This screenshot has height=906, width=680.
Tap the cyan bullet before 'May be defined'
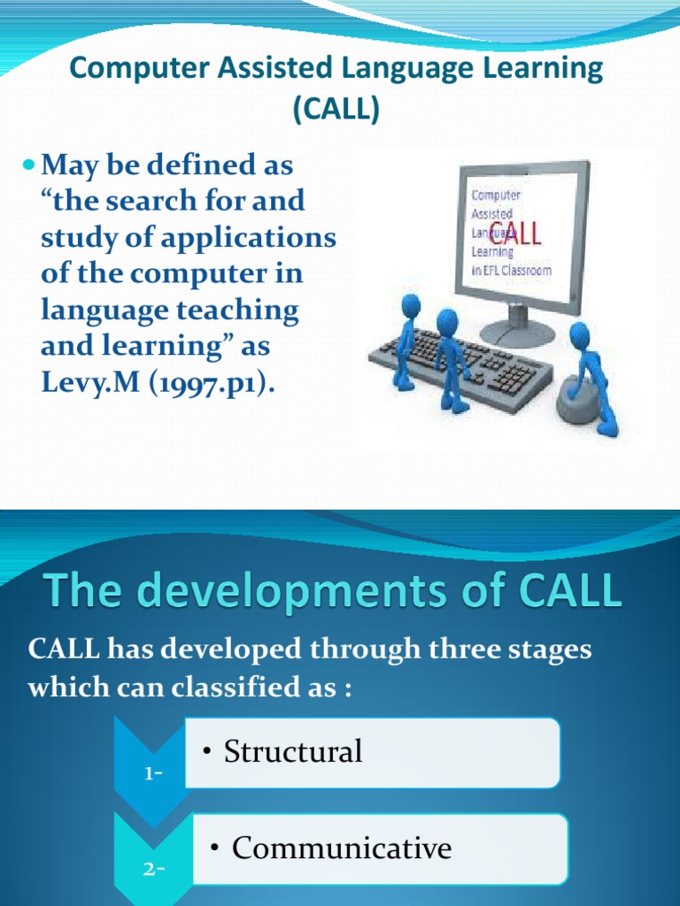click(28, 165)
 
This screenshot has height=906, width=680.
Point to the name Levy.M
click(81, 384)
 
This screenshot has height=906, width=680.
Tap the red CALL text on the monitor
click(516, 236)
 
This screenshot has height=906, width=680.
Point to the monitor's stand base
click(517, 333)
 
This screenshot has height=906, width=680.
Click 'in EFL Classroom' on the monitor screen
click(512, 269)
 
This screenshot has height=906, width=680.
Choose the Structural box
click(372, 752)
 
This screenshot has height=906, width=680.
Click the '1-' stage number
click(152, 773)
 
